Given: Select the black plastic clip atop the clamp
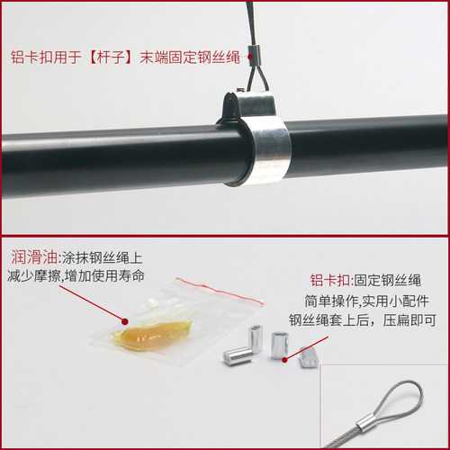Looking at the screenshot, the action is [231, 107].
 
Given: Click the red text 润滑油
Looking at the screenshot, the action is [34, 257].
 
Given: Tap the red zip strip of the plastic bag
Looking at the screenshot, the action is [220, 291].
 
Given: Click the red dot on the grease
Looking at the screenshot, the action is [125, 321].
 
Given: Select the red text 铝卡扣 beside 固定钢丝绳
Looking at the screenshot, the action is [330, 280].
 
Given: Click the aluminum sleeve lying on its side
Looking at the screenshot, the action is [238, 355].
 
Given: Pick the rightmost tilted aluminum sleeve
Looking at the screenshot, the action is [308, 356].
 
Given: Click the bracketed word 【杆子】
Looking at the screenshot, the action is [110, 57].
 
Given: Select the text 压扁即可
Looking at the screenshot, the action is [409, 320].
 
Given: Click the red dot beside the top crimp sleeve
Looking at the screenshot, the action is [250, 57].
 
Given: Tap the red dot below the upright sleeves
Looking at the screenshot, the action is [284, 359].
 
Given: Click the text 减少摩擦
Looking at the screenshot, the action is [33, 275].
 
